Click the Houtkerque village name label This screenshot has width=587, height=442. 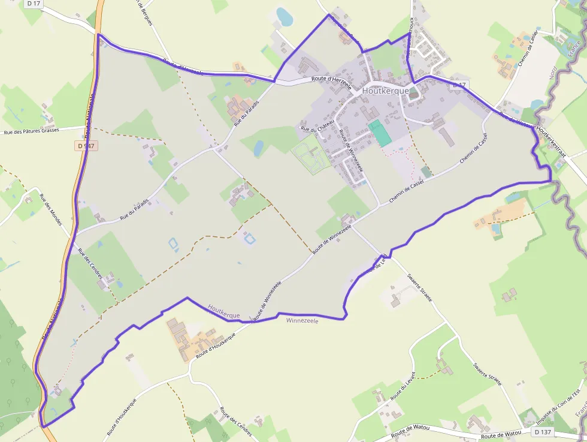tap(386, 91)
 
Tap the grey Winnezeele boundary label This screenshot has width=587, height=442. tap(302, 321)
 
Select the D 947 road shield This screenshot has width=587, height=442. tap(86, 146)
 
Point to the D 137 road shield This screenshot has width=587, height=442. tap(543, 432)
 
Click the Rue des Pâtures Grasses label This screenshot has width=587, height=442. tap(31, 130)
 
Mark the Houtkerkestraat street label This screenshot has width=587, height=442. tap(552, 140)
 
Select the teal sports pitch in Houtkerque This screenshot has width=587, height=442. tap(379, 132)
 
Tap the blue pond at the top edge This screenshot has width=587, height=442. tap(284, 17)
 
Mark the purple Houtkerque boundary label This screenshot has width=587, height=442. tap(224, 311)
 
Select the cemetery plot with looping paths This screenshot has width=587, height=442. tap(311, 154)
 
